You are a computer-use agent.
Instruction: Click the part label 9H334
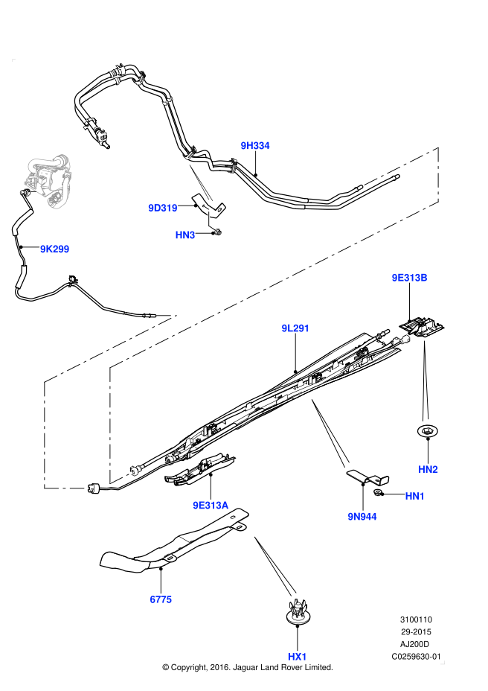coord(254,146)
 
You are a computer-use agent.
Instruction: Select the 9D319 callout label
coord(162,208)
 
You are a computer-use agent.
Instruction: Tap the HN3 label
coord(184,235)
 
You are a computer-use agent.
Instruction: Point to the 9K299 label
coord(54,249)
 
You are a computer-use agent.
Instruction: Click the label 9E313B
coord(409,278)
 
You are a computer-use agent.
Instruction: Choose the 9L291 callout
coord(295,328)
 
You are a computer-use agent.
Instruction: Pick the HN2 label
coord(428,470)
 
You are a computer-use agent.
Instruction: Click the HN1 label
coord(414,496)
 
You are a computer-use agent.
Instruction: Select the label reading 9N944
coord(362,517)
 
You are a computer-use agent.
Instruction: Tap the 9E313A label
coord(211,506)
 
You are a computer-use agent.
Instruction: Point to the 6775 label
coord(161,599)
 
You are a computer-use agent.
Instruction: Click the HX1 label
coord(297,657)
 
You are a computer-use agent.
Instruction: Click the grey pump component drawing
coord(49,181)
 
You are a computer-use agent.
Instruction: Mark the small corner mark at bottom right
coord(442,662)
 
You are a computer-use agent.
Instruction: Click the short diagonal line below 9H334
coord(201,182)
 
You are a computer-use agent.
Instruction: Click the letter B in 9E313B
coord(423,278)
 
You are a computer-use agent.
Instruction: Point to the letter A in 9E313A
coord(225,506)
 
